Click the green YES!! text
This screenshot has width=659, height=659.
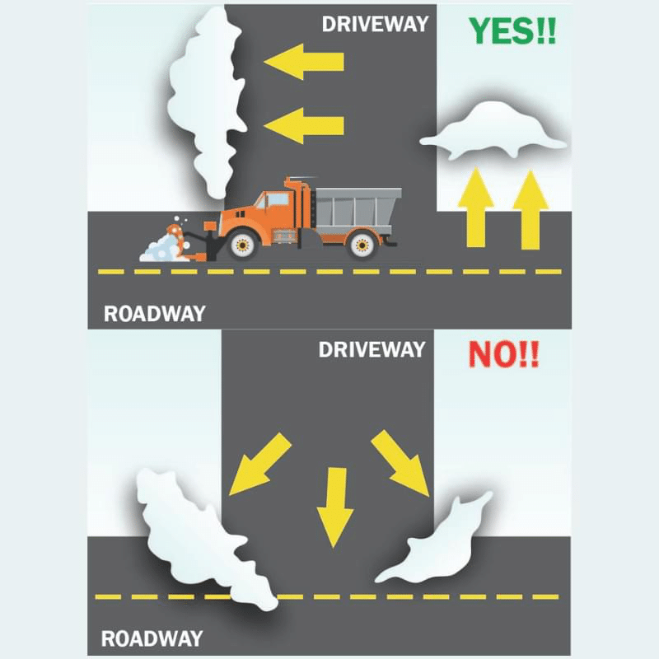pos(512,30)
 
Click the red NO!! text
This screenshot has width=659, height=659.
pos(503,355)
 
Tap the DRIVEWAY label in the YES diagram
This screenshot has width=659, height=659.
pos(375,25)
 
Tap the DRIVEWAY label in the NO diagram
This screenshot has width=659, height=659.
pos(372,349)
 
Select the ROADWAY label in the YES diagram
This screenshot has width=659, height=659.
pos(155,314)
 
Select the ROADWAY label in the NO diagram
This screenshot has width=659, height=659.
pos(152,639)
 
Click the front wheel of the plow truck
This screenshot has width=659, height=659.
pos(242,244)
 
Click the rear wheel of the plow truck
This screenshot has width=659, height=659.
pos(362,244)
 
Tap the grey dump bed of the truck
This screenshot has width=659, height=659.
pos(358,209)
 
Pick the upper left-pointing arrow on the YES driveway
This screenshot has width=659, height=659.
pos(304,61)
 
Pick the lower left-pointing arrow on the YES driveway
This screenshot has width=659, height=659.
pos(304,125)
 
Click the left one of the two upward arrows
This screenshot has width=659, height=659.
pos(476,207)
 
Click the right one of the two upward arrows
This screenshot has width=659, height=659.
pos(530,210)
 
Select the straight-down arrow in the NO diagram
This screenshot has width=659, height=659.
pos(335,507)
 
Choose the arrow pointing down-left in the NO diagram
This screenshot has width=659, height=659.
pos(260,464)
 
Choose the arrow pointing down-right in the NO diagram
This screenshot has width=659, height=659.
pos(400,463)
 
